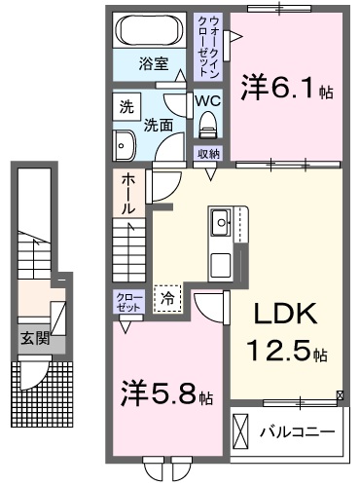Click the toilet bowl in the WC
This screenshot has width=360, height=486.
(x=206, y=124)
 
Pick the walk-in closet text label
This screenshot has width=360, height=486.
(x=210, y=47)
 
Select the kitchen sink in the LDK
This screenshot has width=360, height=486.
(x=223, y=223)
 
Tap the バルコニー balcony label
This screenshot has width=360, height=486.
(x=297, y=430)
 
